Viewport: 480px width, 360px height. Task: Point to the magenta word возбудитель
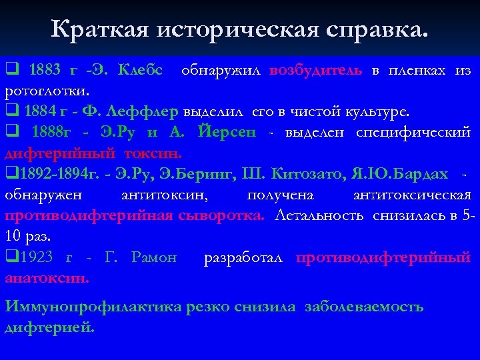[316, 70]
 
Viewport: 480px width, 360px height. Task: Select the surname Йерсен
[227, 131]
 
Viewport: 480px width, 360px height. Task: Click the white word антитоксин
[164, 195]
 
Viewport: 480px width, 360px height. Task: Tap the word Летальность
[319, 215]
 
